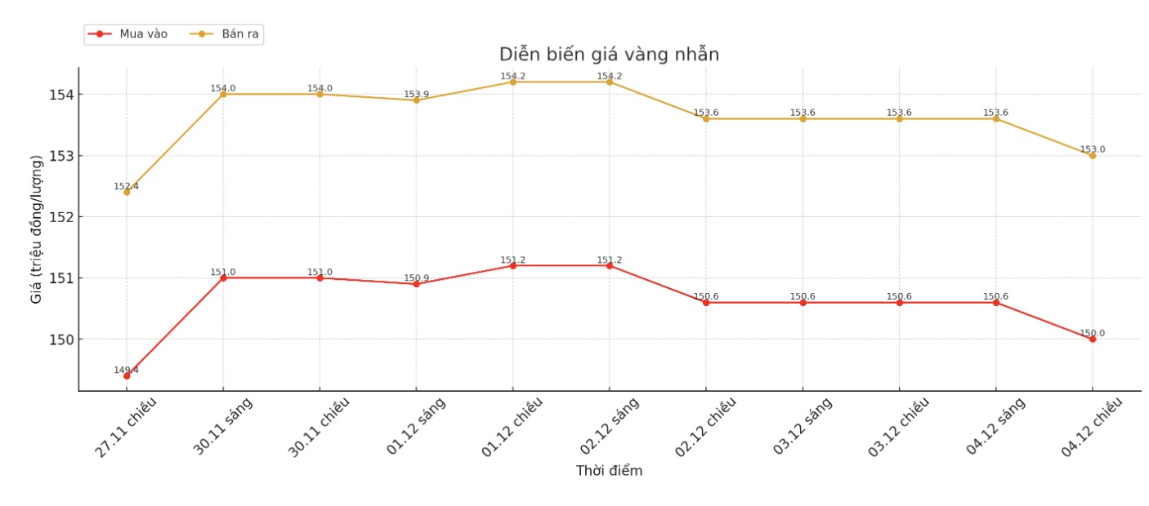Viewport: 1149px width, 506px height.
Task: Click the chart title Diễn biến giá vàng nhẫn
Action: click(609, 55)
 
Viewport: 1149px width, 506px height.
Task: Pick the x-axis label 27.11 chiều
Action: click(124, 425)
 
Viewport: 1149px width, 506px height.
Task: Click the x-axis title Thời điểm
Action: click(609, 471)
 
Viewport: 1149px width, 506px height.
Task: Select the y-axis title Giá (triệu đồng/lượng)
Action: click(36, 229)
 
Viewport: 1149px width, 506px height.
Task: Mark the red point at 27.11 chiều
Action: click(127, 375)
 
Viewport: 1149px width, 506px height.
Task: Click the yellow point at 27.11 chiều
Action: click(127, 192)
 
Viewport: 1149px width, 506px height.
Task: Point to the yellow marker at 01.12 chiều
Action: click(513, 82)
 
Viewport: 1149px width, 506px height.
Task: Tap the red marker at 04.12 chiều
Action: click(1093, 339)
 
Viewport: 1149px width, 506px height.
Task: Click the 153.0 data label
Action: click(1093, 149)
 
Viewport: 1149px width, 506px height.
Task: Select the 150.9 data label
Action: click(416, 278)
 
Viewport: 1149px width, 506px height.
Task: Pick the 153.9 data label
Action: click(416, 95)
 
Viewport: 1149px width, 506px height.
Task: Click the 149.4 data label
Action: click(126, 370)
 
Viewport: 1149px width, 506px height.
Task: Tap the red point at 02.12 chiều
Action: click(706, 303)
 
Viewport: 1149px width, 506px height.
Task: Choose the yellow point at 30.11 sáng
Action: click(223, 94)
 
